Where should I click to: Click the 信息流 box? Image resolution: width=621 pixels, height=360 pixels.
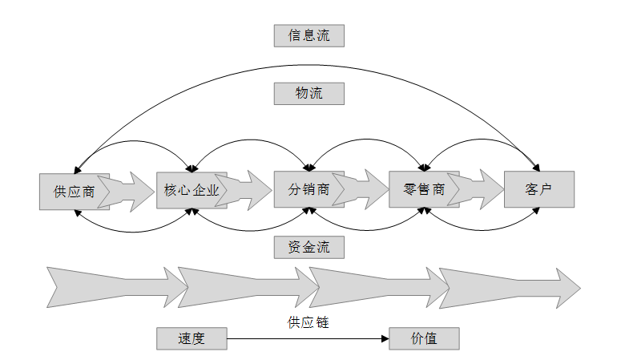coord(308,35)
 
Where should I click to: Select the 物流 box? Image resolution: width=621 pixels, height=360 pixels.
coord(308,93)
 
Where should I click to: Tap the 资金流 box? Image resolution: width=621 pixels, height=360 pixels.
coord(308,248)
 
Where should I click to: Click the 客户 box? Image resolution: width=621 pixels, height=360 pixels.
coord(539,189)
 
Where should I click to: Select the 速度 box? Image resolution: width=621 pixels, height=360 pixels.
coord(192,338)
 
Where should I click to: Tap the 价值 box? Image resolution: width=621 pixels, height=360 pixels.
coord(424,338)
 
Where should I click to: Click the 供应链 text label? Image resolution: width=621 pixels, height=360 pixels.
coord(308,322)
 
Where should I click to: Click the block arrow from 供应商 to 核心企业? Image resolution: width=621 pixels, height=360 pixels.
coord(130,190)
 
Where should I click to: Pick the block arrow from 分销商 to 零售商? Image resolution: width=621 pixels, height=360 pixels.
coord(365,189)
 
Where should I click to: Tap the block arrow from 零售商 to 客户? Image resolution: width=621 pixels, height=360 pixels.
coord(479,189)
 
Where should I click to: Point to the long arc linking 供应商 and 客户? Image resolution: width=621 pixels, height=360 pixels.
coord(308,65)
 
